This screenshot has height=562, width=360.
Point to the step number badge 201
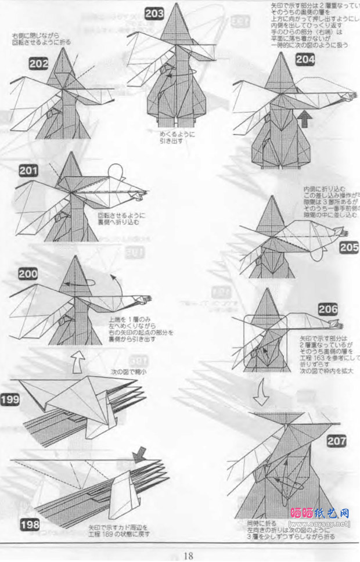(28, 170)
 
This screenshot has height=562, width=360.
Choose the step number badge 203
(154, 13)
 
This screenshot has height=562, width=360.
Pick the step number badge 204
(305, 59)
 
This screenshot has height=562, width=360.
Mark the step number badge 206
(327, 309)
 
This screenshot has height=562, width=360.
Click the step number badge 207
(336, 441)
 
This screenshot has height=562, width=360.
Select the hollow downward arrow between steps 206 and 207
(261, 396)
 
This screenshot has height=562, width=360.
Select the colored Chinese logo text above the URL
(319, 513)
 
